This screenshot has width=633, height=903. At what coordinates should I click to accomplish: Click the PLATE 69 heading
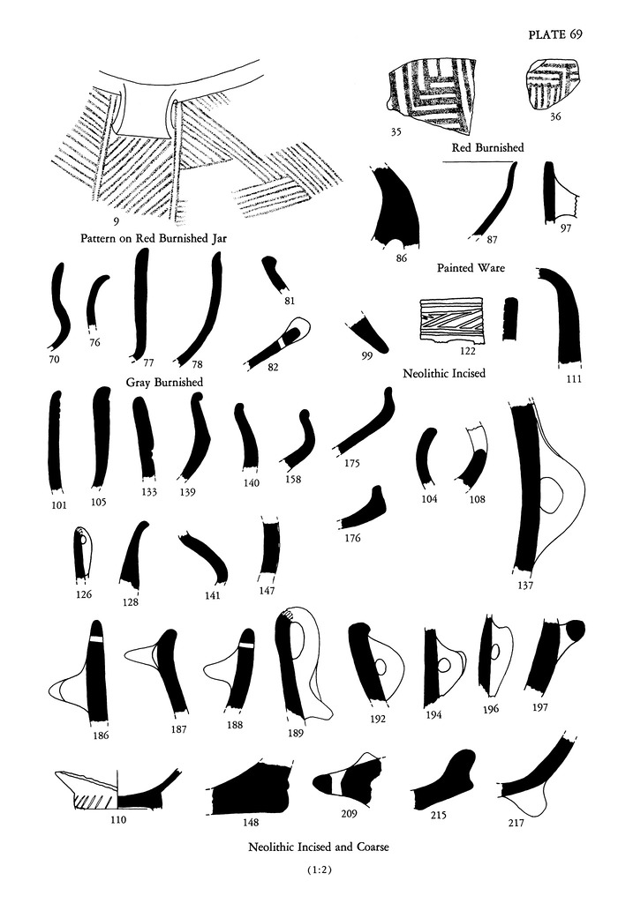pyautogui.click(x=555, y=34)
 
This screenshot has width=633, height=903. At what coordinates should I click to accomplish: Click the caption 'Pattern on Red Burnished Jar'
pyautogui.click(x=154, y=238)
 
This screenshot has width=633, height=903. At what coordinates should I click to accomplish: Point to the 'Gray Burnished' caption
pyautogui.click(x=164, y=382)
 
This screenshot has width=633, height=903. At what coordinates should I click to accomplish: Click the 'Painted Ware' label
pyautogui.click(x=471, y=268)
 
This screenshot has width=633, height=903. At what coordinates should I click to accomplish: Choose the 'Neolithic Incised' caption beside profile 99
pyautogui.click(x=444, y=373)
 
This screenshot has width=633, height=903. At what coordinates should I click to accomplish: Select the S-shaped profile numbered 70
pyautogui.click(x=59, y=308)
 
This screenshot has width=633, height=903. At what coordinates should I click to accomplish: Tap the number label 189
pyautogui.click(x=295, y=733)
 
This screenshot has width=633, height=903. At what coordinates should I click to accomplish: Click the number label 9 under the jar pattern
pyautogui.click(x=116, y=221)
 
